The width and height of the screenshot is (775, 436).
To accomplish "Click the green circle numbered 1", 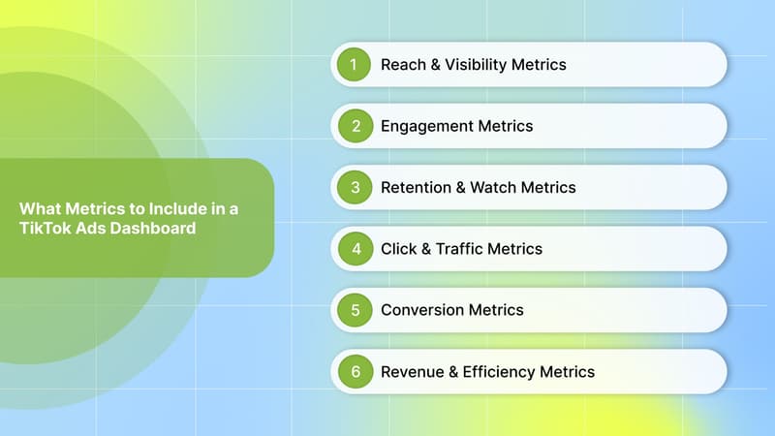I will (355, 65).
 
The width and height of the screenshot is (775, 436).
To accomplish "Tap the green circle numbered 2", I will (355, 126).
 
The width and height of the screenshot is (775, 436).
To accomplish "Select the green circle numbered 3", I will (355, 187).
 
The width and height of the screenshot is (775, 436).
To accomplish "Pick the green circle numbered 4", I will (355, 249).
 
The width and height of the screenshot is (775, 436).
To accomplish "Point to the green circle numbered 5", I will (355, 310).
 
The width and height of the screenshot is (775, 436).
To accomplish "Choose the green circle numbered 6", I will (355, 371).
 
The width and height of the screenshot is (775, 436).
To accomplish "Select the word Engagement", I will (425, 126).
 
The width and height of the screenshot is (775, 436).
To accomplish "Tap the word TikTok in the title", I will (44, 229).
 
